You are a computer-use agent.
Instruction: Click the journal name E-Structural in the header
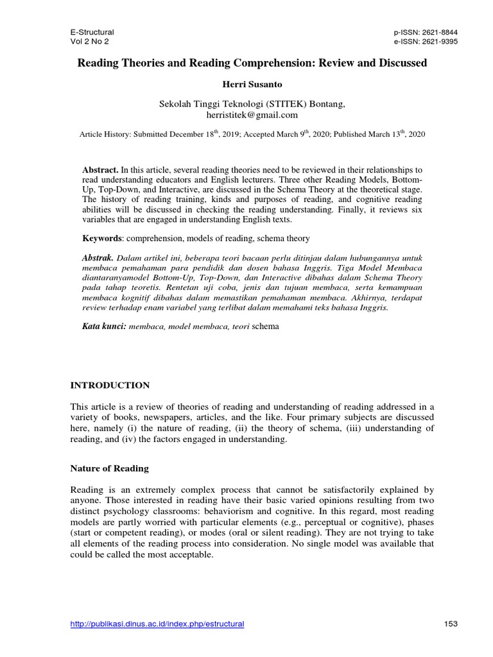(92, 32)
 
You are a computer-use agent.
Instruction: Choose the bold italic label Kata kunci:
(104, 326)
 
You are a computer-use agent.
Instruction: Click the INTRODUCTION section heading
(110, 386)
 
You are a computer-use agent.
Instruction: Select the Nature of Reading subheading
(109, 469)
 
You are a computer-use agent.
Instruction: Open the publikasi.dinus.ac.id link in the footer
(157, 624)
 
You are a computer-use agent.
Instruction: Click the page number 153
(451, 624)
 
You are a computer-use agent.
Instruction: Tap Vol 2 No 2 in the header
(89, 42)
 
